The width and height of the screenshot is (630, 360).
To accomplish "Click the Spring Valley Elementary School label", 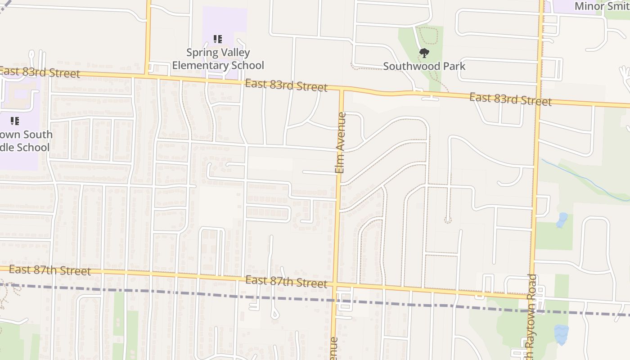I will (x=218, y=59).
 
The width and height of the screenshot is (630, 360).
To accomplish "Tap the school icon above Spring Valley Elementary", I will (x=218, y=39).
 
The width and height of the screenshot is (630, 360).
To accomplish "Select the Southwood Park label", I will (x=424, y=66).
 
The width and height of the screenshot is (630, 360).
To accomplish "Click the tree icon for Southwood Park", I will (x=424, y=54).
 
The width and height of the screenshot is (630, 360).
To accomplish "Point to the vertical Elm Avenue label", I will (x=340, y=143).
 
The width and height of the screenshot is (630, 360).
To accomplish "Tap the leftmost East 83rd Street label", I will (x=40, y=72).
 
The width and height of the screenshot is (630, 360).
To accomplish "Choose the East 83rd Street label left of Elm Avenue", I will (x=286, y=85).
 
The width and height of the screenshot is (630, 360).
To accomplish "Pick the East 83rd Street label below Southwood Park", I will (x=510, y=99).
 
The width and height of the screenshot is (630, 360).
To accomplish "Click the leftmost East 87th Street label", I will (x=49, y=270).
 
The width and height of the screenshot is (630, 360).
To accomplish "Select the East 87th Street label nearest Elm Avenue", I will (x=286, y=282).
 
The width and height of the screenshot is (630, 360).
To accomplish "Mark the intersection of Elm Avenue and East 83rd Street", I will (x=341, y=90).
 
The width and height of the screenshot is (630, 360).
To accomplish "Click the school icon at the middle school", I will (x=15, y=121).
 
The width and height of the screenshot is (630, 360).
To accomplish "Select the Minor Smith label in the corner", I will (x=598, y=6).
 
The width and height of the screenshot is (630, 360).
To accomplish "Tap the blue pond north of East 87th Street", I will (x=561, y=220).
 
